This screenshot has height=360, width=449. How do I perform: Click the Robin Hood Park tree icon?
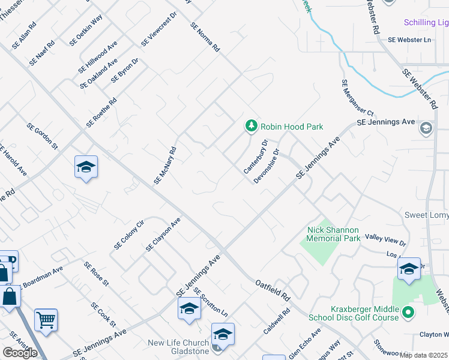252,126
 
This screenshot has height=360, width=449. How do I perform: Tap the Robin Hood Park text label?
292,127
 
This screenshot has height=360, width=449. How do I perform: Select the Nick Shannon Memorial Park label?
333,234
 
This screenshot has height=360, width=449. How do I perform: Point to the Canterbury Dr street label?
256,157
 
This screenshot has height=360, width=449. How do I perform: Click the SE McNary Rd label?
164,166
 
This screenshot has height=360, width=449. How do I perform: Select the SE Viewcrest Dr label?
159,29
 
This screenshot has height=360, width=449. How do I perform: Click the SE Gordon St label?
42,137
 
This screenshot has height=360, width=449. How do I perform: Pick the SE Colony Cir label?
129,235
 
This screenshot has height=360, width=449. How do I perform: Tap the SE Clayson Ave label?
163,235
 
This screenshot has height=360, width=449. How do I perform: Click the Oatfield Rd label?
273,289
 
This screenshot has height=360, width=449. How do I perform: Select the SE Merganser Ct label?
357,98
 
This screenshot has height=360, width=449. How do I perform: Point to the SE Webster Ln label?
409,40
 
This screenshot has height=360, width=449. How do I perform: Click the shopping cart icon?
46,319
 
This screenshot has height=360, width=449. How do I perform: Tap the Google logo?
20,353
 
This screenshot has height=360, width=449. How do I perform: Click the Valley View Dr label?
386,241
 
